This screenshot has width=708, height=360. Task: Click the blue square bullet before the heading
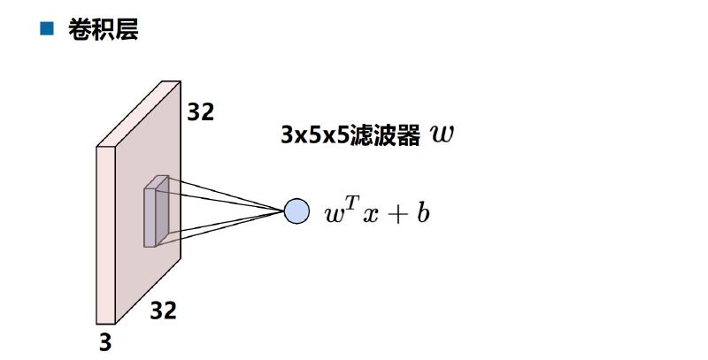(x=47, y=28)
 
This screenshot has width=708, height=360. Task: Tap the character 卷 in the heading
(x=80, y=30)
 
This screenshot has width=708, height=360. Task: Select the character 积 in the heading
(x=103, y=30)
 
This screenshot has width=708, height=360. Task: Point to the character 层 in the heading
(x=127, y=30)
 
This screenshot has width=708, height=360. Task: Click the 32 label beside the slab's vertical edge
(x=201, y=111)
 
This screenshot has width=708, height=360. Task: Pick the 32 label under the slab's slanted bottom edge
(x=163, y=310)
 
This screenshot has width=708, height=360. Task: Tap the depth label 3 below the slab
(x=105, y=342)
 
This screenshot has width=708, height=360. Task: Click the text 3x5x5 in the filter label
(x=315, y=134)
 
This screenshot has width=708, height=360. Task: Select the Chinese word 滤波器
(x=385, y=134)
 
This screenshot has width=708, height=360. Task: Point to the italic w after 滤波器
(x=442, y=134)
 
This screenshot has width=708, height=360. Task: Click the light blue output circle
(x=296, y=211)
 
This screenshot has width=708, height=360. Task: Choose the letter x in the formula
(x=370, y=215)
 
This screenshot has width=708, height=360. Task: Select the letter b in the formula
(x=423, y=212)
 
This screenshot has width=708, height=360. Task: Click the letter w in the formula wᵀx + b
(x=335, y=215)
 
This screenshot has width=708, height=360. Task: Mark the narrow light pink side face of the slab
(x=105, y=235)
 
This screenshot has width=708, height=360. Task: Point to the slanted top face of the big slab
(x=139, y=114)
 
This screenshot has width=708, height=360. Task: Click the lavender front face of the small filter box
(x=150, y=218)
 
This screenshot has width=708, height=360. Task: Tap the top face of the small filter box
(x=157, y=182)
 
